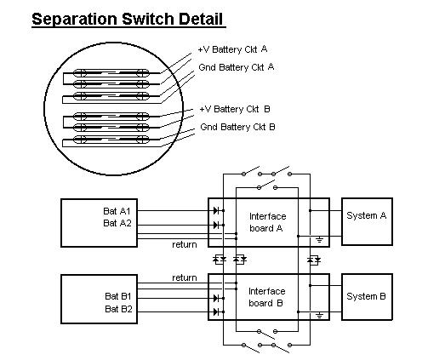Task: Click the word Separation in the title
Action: tap(74, 20)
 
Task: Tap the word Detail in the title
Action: tap(201, 19)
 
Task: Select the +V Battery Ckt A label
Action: tap(232, 49)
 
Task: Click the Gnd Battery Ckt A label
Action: tap(237, 67)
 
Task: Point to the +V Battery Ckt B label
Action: tap(235, 109)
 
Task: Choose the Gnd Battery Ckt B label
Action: tap(237, 127)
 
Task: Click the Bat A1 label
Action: tap(117, 211)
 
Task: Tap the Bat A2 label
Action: tap(117, 223)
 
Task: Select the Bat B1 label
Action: tap(118, 296)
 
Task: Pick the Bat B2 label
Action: tap(118, 309)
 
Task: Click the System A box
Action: tap(367, 221)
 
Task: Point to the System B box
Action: tap(367, 297)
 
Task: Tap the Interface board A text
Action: tap(267, 222)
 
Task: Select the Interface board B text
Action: tap(267, 297)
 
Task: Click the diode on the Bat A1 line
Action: tap(216, 211)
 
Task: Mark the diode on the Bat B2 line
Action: tap(216, 311)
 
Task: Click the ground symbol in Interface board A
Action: tap(320, 240)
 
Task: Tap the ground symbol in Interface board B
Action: tap(320, 315)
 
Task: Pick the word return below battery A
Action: tap(185, 245)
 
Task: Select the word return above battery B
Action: tap(185, 277)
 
